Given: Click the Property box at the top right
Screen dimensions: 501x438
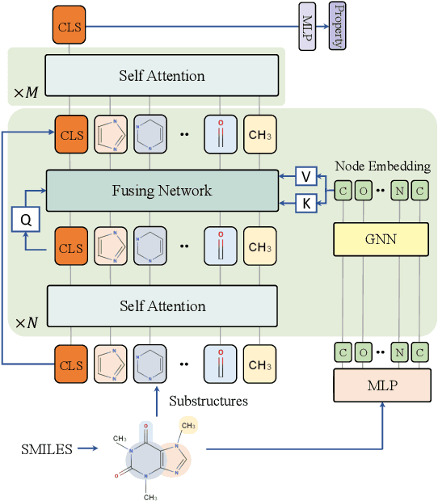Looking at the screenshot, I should (x=335, y=26).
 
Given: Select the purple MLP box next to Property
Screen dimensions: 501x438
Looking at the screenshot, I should (x=307, y=26).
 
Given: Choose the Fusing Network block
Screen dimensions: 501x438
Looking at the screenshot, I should (x=162, y=191).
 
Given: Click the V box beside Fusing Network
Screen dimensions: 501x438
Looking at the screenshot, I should (x=305, y=176).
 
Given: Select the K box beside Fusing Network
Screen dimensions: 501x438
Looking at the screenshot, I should (x=305, y=204).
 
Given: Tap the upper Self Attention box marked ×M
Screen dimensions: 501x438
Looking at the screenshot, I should (x=162, y=76).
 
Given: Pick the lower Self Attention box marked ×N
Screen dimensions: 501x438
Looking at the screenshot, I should (x=162, y=306).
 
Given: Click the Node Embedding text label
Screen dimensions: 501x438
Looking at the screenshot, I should (x=384, y=166).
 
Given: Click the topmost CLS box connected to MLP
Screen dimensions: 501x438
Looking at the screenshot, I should (x=69, y=26).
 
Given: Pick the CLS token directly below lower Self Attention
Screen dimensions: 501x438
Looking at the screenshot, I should (x=69, y=364).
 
